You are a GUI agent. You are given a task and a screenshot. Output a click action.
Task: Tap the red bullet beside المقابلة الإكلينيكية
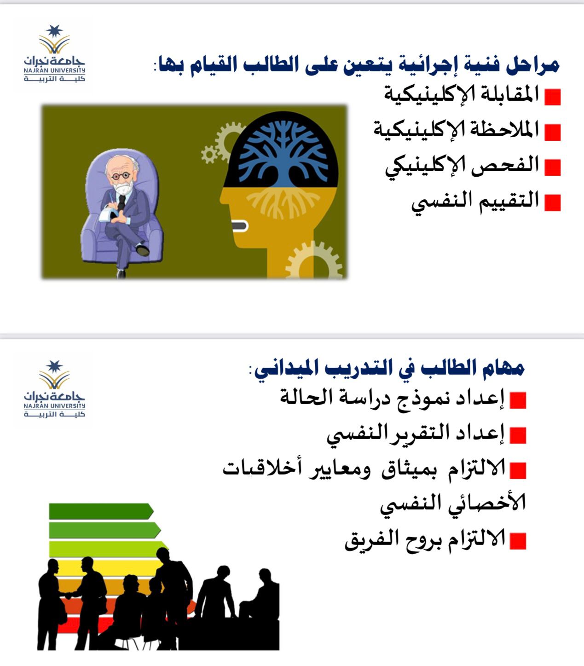pyautogui.click(x=552, y=97)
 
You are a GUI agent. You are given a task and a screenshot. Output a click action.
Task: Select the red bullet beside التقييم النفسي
pyautogui.click(x=552, y=203)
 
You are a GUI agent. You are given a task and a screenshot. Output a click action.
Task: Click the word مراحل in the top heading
pyautogui.click(x=532, y=65)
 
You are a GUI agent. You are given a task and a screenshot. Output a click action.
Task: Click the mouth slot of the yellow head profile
pyautogui.click(x=240, y=226)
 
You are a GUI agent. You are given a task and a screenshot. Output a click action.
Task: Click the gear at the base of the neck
pyautogui.click(x=313, y=261)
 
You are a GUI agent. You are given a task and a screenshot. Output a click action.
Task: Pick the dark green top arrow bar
pyautogui.click(x=101, y=511)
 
